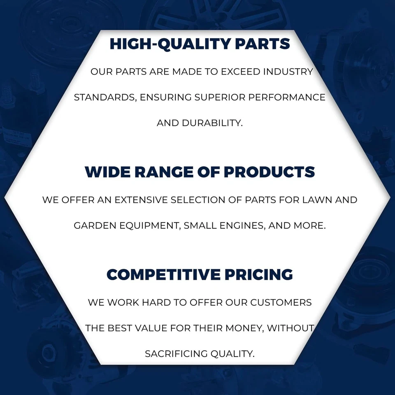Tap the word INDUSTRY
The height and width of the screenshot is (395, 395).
pos(288,72)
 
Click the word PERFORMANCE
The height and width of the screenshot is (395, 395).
pos(287,97)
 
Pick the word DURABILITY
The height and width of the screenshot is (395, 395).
pos(212,123)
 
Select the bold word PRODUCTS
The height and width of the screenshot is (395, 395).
pos(269,172)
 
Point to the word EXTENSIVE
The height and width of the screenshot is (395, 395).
pos(141,200)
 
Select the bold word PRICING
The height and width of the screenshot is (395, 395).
pos(259,274)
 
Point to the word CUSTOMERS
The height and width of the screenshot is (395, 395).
pos(281,302)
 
